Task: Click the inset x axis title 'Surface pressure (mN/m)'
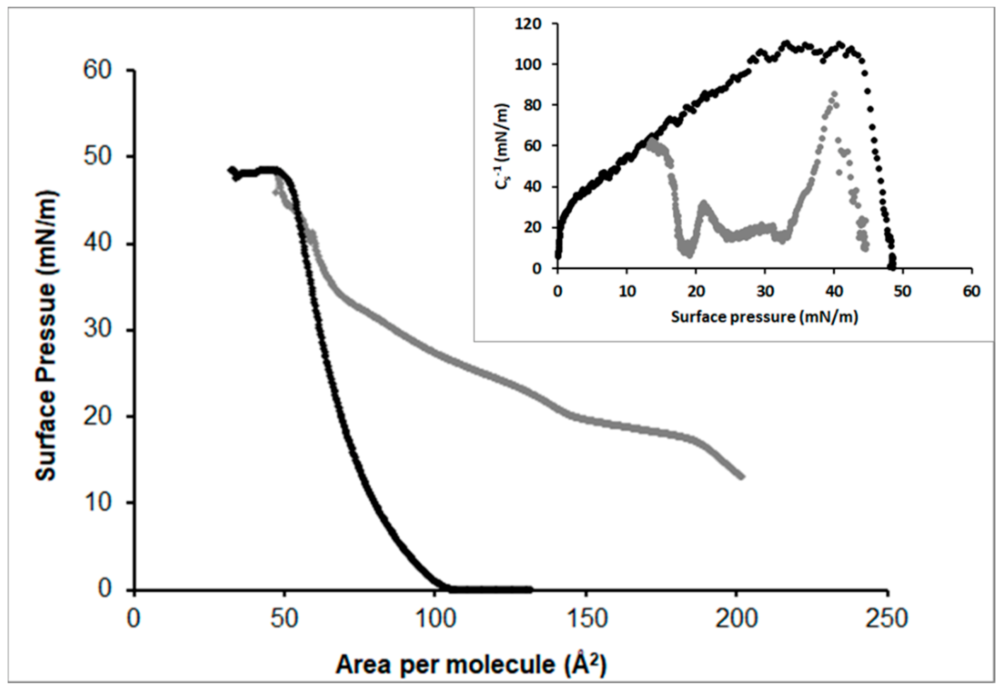click(x=765, y=317)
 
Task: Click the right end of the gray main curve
click(x=741, y=476)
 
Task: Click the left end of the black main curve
click(x=231, y=169)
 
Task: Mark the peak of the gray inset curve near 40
click(x=834, y=94)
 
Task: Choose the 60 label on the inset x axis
click(x=971, y=291)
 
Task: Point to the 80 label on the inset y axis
click(x=532, y=105)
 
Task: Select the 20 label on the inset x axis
click(x=696, y=291)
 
